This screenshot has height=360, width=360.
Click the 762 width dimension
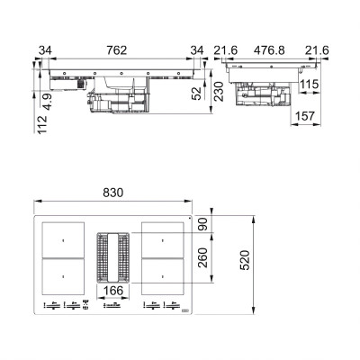click(x=117, y=49)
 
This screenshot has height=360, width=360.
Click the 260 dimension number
click(x=203, y=262)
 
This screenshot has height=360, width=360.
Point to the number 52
click(x=197, y=92)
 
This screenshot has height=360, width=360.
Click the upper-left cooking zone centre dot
click(x=62, y=240)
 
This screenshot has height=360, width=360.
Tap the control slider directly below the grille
click(x=112, y=307)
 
